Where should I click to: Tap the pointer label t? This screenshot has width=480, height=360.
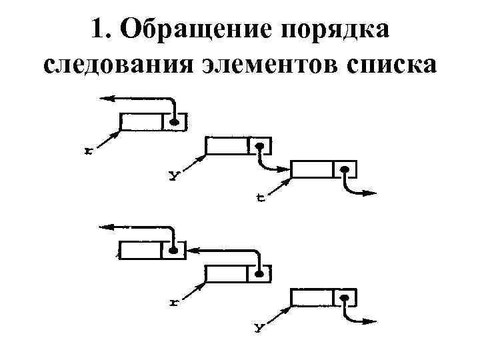[x=260, y=198]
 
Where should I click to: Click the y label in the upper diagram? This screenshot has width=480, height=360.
[x=173, y=176]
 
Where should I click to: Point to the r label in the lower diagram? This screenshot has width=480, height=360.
[x=174, y=302]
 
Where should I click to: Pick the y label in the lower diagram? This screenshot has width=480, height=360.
[x=259, y=327]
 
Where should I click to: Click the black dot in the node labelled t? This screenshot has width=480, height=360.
[x=344, y=170]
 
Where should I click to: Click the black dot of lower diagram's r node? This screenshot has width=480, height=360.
[x=259, y=273]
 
